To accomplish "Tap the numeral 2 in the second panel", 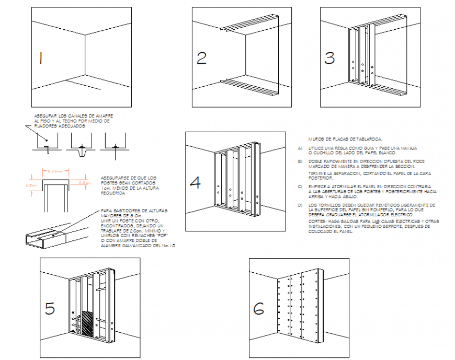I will pos(201,58).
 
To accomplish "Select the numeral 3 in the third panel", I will pos(329,57).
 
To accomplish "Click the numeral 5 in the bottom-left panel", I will pos(50,309).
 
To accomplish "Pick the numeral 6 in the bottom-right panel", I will pos(259,309).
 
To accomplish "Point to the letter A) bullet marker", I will pos(300,148).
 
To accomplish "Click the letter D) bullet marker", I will pos(300,205).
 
